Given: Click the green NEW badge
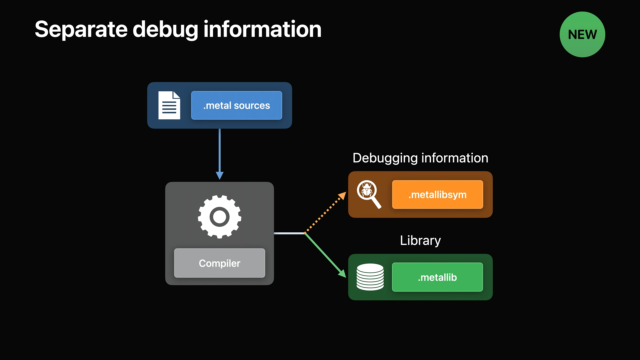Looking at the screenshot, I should [x=582, y=34].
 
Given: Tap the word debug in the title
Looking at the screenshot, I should [x=165, y=30].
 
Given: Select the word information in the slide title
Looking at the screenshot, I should [x=262, y=29].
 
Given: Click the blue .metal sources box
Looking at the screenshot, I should [x=236, y=105].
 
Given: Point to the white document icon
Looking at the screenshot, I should [x=169, y=105].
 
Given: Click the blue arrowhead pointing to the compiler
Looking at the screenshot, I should [x=220, y=175].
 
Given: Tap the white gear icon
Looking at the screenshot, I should [x=220, y=217].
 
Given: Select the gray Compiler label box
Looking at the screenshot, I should [x=219, y=263].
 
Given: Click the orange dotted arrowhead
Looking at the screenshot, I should [x=342, y=196].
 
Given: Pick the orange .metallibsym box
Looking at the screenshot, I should [x=437, y=195].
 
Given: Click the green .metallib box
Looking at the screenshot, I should [x=437, y=277].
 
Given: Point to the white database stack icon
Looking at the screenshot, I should [x=370, y=277].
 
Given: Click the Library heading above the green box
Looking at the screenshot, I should [x=420, y=240].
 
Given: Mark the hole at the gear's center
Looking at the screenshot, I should [x=220, y=217].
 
